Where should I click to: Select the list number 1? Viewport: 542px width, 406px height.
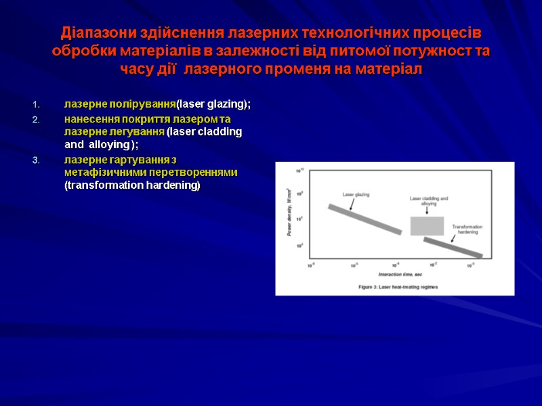37,104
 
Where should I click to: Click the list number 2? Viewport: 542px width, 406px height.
37,119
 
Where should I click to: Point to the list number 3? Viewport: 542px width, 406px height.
37,160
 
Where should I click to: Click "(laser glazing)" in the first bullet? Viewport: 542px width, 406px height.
213,104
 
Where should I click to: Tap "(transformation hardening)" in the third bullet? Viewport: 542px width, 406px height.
132,185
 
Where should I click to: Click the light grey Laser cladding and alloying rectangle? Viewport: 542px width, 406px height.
427,225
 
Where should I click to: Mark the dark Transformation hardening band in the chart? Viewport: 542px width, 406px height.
453,247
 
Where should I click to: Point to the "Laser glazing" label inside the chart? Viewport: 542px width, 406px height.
356,194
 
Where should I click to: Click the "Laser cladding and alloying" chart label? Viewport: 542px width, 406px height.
428,201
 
